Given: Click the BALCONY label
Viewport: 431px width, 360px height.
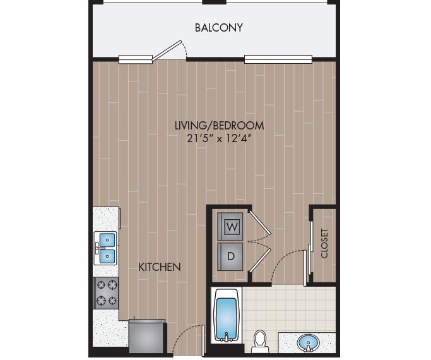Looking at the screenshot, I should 219,28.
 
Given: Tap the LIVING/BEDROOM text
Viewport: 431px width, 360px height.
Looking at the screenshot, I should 219,125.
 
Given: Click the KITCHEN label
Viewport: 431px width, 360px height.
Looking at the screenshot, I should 160,267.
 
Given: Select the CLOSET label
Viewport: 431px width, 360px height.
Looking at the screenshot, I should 325,243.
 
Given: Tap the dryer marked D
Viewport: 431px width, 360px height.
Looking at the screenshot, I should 231,256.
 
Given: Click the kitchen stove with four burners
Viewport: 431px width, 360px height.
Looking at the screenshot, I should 106,292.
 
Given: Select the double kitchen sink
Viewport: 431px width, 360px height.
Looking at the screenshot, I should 105,248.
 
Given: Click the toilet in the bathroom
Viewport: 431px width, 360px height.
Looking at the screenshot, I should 259,341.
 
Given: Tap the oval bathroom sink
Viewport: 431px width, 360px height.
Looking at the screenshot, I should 309,343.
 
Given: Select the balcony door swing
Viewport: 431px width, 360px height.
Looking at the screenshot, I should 172,50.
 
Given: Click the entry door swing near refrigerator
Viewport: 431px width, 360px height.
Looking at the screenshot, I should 187,339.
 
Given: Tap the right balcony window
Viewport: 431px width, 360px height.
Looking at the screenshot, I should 278,60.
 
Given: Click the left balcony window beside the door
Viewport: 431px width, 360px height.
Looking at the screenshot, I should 136,60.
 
